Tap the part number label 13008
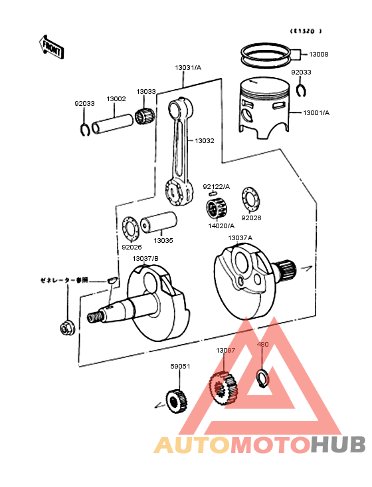pos(318,55)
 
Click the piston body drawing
pos(264,106)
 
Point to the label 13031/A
pos(187,68)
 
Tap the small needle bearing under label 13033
pos(144,114)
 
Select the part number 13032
pos(205,141)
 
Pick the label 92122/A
pos(216,186)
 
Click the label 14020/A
pos(222,226)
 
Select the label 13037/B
pos(145,258)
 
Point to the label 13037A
pos(240,238)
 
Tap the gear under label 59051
pos(177,399)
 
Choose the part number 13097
pos(225,350)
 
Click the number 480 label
pos(263,345)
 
